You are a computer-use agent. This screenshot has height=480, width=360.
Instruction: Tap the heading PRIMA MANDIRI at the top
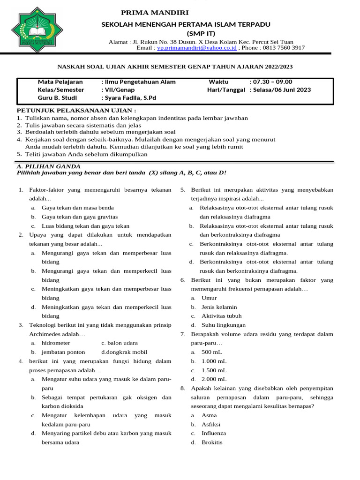(x=155, y=13)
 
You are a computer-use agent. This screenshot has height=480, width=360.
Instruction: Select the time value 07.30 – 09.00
(x=272, y=82)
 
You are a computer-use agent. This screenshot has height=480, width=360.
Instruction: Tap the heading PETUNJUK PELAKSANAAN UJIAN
(x=76, y=110)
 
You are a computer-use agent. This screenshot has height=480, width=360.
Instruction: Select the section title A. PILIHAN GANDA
(x=48, y=166)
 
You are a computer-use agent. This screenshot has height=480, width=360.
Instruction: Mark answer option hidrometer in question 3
(x=56, y=343)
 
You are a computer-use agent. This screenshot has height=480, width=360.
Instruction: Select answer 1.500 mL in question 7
(x=214, y=370)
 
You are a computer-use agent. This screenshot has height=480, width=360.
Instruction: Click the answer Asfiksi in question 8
(x=211, y=424)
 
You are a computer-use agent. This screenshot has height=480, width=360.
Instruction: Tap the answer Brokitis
(x=212, y=442)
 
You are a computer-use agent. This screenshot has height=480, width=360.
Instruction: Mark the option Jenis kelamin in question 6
(x=219, y=307)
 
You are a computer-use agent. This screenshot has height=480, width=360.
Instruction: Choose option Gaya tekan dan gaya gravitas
(x=79, y=217)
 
